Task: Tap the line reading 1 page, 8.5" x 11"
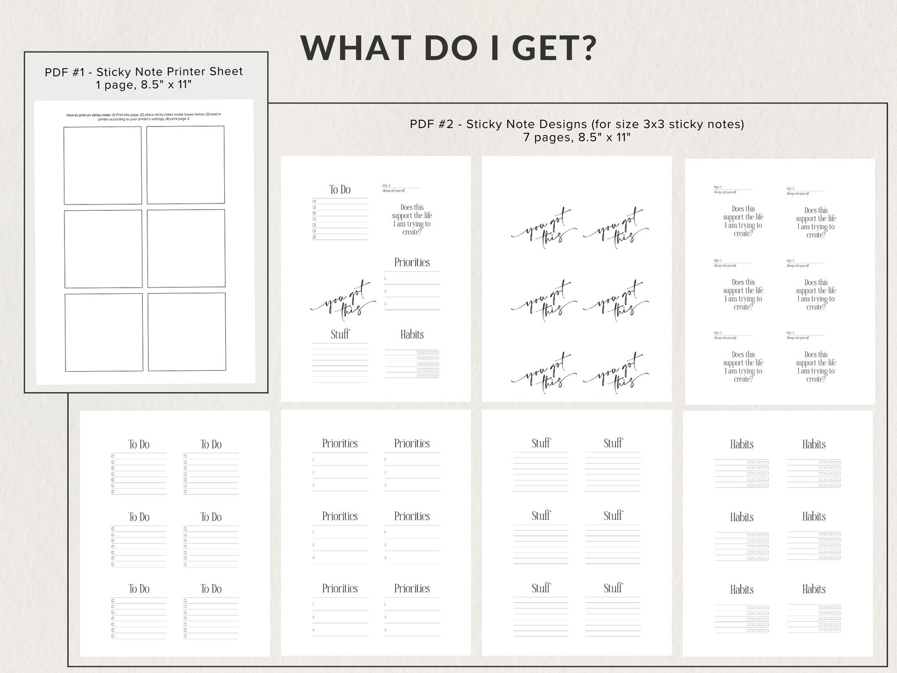pos(143,85)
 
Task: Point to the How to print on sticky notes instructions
pos(143,116)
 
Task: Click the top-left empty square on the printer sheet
pos(102,165)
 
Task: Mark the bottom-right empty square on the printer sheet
pos(186,332)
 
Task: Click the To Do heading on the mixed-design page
pos(340,190)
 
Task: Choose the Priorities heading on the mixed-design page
pos(412,262)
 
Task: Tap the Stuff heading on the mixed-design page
pos(340,335)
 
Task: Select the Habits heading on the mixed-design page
pos(412,335)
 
